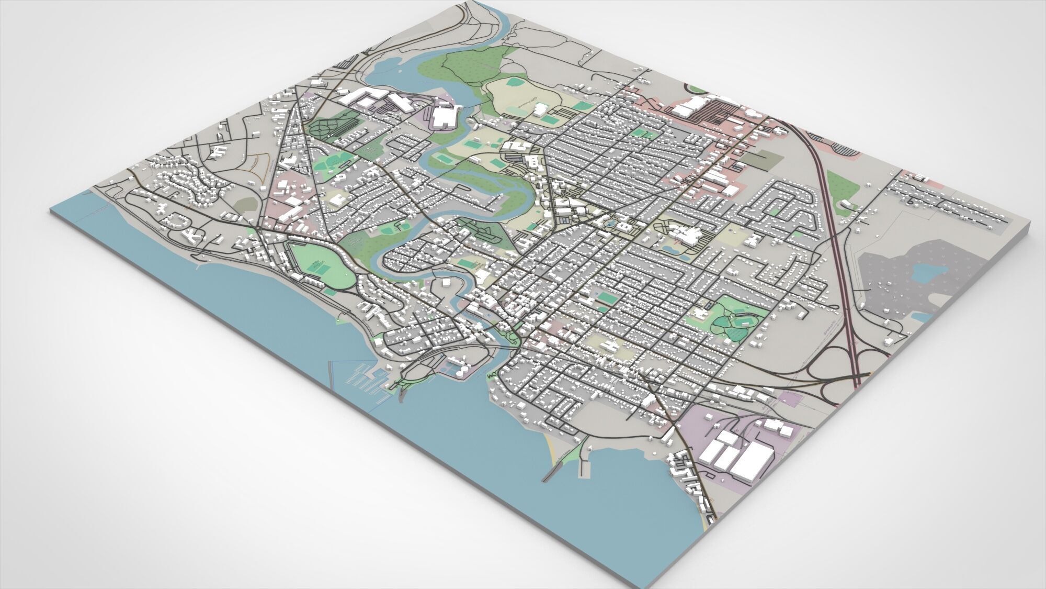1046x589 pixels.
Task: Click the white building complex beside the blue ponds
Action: (688, 236)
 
